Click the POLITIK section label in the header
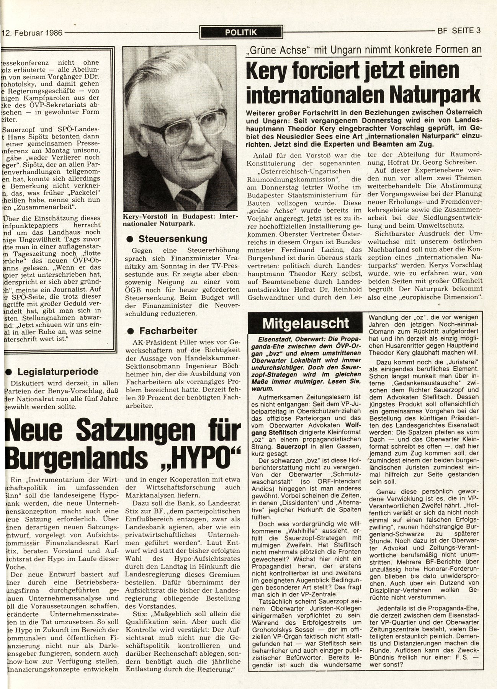click(x=241, y=33)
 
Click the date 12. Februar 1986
click(x=32, y=33)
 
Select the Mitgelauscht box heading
click(x=305, y=323)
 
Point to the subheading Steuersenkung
click(x=173, y=239)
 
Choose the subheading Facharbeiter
click(x=168, y=330)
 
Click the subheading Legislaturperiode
click(x=58, y=371)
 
